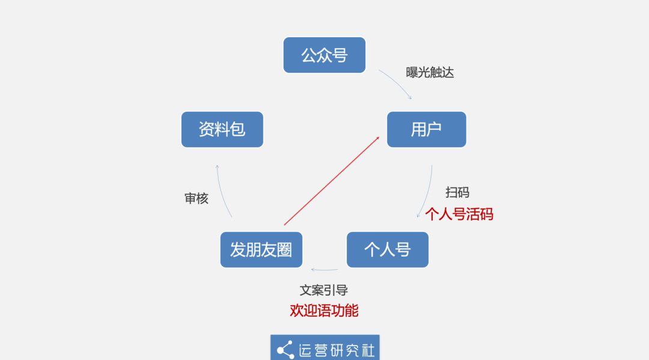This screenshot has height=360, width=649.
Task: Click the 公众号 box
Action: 324,55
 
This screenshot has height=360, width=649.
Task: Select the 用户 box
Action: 426,130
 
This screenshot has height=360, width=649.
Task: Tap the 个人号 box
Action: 388,249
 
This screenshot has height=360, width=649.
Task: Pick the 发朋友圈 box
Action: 261,249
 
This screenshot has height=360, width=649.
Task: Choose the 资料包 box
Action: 222,130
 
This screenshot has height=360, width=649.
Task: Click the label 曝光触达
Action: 430,72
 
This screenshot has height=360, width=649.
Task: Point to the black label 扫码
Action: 457,192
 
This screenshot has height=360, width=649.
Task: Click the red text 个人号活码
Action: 459,215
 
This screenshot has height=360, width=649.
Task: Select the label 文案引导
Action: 324,290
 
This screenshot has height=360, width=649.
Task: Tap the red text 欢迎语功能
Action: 324,310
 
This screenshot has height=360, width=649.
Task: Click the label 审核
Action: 196,198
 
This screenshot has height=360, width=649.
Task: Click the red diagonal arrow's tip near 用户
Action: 379,137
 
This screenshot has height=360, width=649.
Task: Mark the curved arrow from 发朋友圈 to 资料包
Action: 221,192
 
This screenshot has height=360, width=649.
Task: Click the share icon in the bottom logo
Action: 285,350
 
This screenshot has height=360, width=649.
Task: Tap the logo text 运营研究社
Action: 337,350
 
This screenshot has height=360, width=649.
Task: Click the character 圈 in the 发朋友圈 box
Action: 285,249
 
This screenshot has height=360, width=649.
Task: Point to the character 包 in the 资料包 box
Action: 238,130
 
